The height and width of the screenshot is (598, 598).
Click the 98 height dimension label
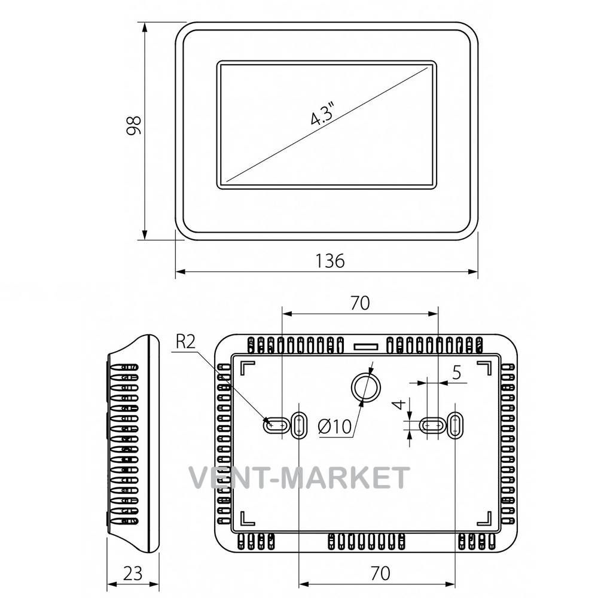(x=134, y=126)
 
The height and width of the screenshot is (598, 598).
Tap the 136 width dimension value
(x=330, y=261)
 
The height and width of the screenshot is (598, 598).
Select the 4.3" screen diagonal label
(x=323, y=112)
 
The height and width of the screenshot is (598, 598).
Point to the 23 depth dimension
(x=133, y=573)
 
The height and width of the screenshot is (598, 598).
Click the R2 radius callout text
(x=186, y=341)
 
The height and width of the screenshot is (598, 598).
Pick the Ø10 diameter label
(x=334, y=426)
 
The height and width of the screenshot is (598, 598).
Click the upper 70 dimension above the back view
(x=360, y=303)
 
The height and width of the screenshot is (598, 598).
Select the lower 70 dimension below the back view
(x=380, y=573)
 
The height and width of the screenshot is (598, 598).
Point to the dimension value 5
(x=456, y=372)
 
